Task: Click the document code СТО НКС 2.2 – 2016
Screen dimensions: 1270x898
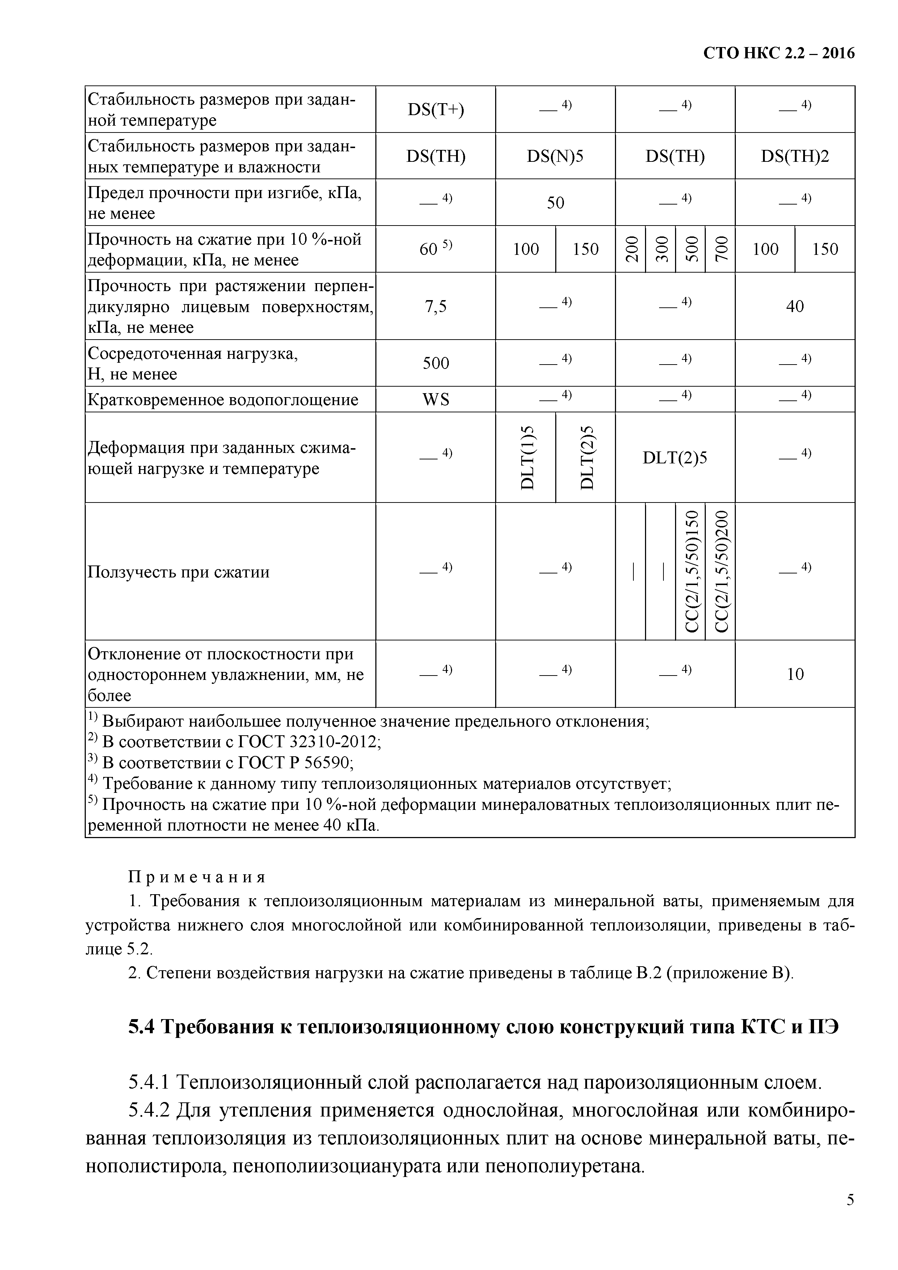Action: pos(779,53)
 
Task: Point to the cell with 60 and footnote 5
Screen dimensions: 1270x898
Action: pos(436,249)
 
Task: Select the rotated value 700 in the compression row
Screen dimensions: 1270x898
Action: pos(720,249)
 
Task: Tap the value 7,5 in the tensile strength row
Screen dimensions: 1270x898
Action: pos(436,306)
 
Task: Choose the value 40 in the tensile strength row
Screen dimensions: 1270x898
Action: pos(794,306)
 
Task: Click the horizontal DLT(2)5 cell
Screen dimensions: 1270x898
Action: pos(675,458)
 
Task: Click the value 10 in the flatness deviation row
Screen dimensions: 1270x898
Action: pos(794,674)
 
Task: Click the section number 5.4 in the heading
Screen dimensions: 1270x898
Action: pos(142,1027)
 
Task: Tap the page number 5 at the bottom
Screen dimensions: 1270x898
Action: pos(850,1215)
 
